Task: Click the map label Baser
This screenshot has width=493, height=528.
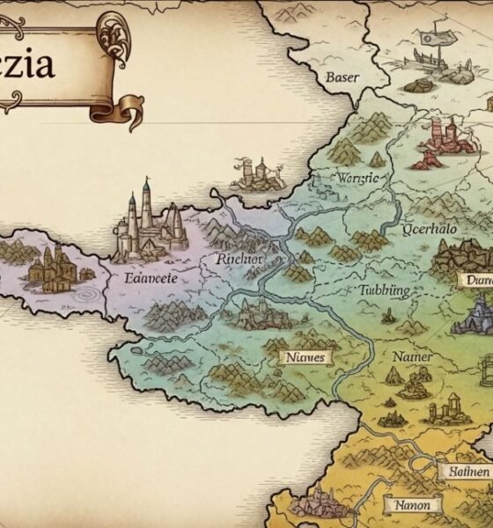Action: point(342,77)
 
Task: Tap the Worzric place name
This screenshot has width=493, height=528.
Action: point(357,179)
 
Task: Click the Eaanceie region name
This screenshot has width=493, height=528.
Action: point(145,279)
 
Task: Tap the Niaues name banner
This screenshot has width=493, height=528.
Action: point(305,357)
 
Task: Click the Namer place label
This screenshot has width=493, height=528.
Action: point(411,356)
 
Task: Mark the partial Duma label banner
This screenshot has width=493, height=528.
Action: point(475,280)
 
